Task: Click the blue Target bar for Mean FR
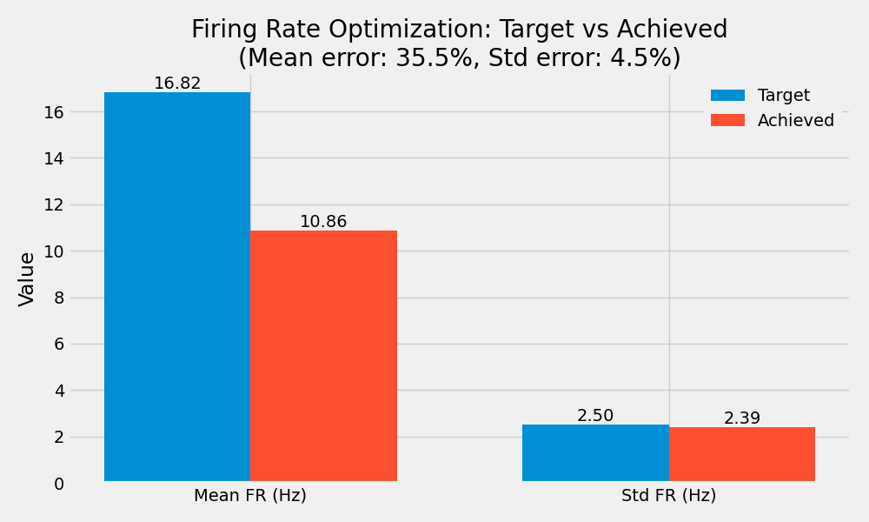point(177,287)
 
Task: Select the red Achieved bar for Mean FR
point(323,356)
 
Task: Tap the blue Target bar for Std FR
point(595,452)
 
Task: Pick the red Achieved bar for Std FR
point(742,454)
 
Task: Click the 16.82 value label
point(177,84)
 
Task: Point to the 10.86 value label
point(323,222)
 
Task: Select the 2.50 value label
point(595,416)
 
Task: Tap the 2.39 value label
point(742,418)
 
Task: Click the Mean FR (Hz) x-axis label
point(250,496)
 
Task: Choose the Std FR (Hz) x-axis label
point(668,496)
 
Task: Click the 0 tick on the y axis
point(59,484)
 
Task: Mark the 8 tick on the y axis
point(59,298)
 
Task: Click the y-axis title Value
point(27,278)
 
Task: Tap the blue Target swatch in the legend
point(727,96)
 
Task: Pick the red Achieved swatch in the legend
point(727,121)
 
